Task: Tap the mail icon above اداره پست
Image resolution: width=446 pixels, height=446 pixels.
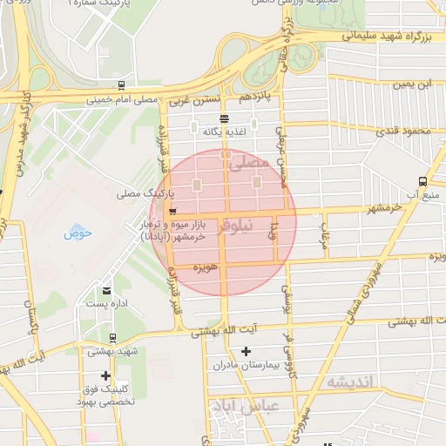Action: point(107,291)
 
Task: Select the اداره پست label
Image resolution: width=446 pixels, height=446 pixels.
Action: point(107,304)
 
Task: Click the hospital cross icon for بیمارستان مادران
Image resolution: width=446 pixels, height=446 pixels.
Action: point(247,350)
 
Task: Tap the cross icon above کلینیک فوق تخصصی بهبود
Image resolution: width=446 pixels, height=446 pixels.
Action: point(106,376)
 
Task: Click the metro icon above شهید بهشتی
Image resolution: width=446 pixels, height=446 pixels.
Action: point(112,337)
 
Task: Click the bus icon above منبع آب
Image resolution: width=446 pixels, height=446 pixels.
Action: point(422,181)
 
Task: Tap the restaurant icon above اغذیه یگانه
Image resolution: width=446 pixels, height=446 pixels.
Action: point(225,118)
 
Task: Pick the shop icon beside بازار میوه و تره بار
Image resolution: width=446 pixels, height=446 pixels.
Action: point(173,212)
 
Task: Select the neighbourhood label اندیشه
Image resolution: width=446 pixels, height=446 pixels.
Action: point(349,382)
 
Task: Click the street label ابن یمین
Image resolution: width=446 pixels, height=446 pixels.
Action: point(411,84)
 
